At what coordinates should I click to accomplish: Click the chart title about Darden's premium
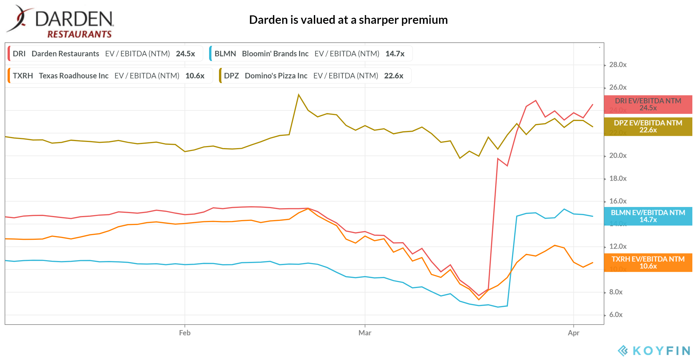348,20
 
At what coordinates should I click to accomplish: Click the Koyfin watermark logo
653,350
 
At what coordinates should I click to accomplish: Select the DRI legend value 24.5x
185,54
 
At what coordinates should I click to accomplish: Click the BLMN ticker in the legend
225,54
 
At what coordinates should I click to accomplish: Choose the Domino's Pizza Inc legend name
276,76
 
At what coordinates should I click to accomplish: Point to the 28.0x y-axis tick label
618,65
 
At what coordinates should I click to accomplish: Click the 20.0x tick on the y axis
618,156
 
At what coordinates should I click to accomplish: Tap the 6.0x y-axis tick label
616,315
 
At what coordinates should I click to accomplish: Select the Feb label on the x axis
185,333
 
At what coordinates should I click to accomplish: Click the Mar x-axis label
365,333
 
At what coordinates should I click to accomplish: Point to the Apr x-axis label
573,333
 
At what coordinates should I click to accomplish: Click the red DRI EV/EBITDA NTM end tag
648,105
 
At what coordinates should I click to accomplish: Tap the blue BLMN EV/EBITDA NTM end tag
648,216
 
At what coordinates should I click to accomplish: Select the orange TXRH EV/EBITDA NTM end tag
648,263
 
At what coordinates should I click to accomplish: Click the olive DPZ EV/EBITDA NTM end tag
648,127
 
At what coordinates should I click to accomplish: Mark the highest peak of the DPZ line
299,95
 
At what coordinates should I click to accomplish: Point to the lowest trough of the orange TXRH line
479,299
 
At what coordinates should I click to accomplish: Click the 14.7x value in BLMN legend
395,54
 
